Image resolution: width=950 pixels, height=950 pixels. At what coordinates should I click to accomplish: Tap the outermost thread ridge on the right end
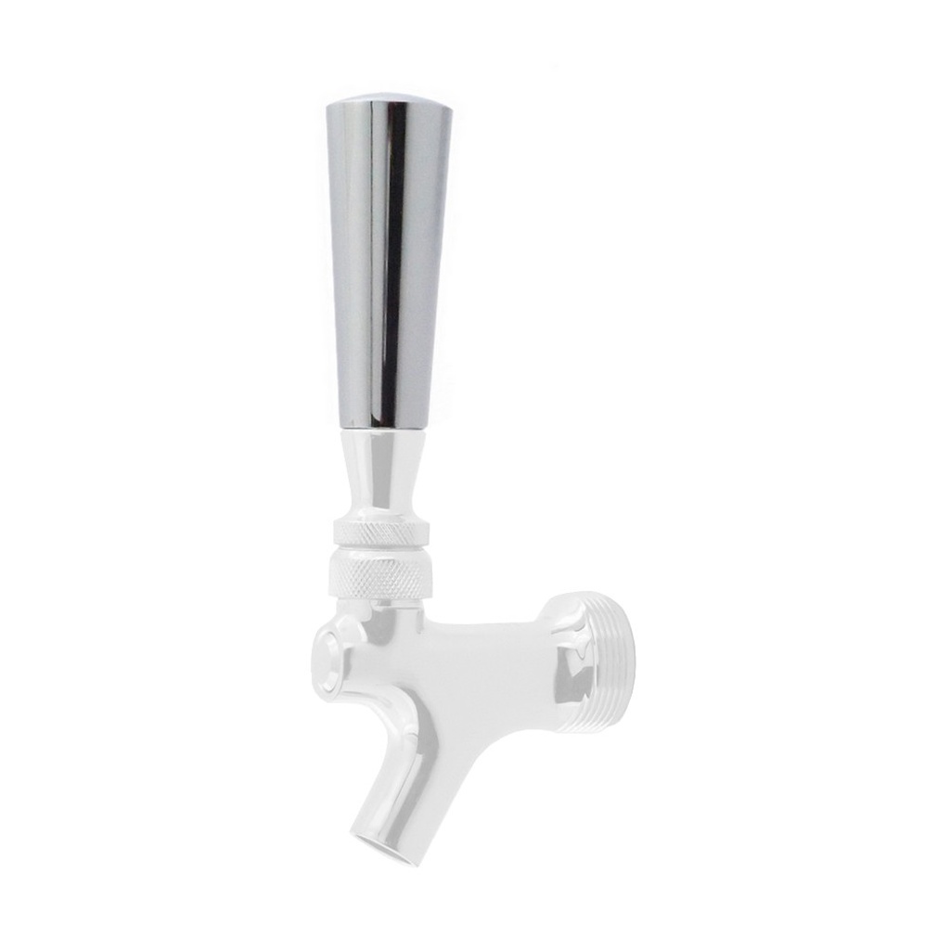tap(627, 662)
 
